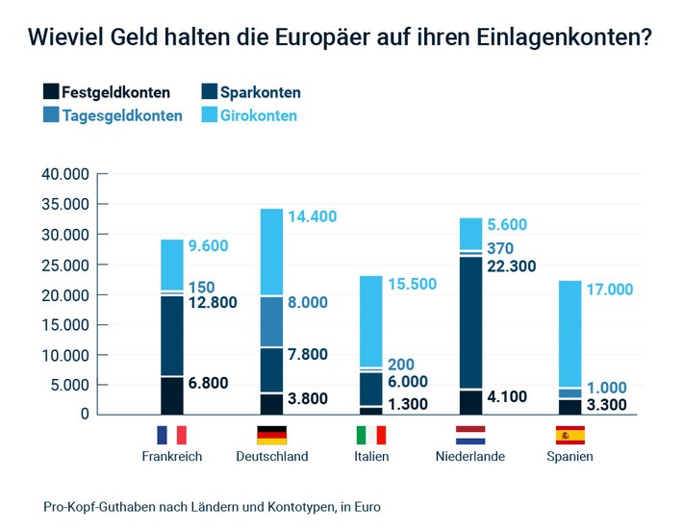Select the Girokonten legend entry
point(250,115)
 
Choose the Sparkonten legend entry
point(251,93)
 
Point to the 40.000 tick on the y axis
point(64,175)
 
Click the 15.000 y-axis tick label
point(64,325)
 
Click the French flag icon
point(171,435)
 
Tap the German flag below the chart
point(271,435)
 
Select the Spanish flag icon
point(570,435)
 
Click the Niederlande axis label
point(471,457)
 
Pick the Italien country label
point(370,457)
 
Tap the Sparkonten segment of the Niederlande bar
point(471,322)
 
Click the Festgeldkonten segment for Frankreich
point(171,395)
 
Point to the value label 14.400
point(313,216)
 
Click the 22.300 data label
point(513,266)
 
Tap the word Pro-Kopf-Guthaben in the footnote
point(106,506)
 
